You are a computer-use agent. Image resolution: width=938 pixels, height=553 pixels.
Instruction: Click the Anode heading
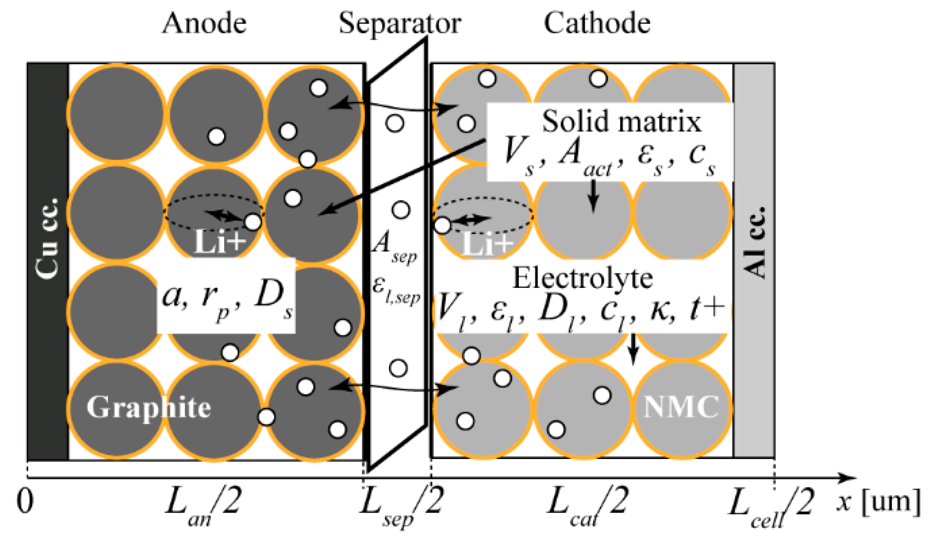[x=204, y=23]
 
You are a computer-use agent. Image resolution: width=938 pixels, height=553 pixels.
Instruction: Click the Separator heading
[x=399, y=23]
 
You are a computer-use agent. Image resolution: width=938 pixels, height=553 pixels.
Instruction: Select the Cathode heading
[x=597, y=23]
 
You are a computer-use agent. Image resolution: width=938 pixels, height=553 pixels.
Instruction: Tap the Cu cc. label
[x=48, y=238]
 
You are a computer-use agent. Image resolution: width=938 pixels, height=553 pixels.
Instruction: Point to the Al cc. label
[x=754, y=242]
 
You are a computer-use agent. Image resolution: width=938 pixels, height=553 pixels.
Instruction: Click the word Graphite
[x=148, y=408]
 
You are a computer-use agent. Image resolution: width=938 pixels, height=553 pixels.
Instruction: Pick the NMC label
[x=681, y=407]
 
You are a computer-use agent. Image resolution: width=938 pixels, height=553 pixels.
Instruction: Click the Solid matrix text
[x=622, y=122]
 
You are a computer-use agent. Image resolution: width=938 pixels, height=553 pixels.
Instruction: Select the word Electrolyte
[x=583, y=278]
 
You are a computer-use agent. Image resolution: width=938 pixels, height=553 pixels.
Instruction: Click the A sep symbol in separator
[x=395, y=246]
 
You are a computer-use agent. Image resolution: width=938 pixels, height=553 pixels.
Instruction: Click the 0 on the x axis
[x=25, y=502]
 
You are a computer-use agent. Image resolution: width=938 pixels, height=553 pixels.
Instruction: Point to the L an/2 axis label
[x=203, y=505]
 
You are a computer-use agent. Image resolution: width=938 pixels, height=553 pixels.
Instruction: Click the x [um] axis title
[x=879, y=502]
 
